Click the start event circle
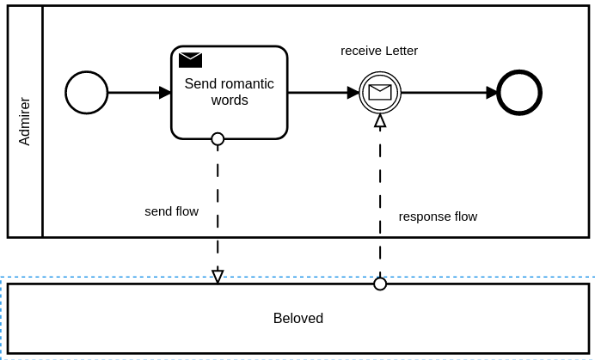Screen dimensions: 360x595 (87, 93)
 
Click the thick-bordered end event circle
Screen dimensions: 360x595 (519, 93)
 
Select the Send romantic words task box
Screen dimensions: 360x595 (229, 112)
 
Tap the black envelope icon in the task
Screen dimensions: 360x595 (190, 59)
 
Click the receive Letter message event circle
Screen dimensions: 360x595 (380, 93)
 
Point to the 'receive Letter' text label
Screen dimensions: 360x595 (379, 51)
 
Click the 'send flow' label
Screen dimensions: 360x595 (171, 211)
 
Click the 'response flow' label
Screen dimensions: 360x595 (438, 217)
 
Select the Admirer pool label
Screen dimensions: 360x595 (25, 121)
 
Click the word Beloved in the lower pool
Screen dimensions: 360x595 (298, 319)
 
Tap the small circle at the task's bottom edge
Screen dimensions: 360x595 (218, 139)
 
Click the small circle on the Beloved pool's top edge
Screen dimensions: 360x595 (380, 284)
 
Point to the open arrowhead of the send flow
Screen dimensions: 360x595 (218, 276)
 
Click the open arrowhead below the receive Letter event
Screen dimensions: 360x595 (380, 121)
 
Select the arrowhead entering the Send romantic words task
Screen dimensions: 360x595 (165, 93)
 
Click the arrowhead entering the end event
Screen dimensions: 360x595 (492, 93)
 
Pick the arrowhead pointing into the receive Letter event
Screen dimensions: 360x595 (353, 93)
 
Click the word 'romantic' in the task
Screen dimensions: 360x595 (244, 84)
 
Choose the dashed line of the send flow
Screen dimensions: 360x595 (218, 241)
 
